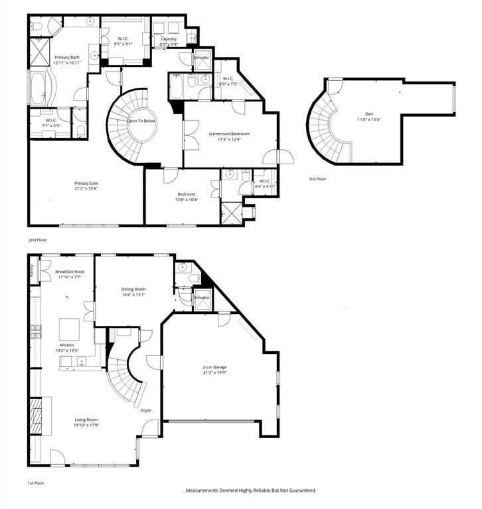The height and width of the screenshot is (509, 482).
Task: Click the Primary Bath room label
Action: (x=67, y=58)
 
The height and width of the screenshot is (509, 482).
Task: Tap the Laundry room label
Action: (x=169, y=39)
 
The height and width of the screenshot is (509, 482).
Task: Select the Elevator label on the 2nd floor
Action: (x=201, y=58)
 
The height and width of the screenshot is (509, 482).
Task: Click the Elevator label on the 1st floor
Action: (x=201, y=298)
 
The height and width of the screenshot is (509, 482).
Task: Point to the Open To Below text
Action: (x=141, y=121)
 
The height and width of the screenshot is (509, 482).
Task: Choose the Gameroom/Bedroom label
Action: (x=229, y=133)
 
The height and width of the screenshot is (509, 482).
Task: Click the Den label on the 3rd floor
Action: (x=360, y=113)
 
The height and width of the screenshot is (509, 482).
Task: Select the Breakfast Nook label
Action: (x=70, y=272)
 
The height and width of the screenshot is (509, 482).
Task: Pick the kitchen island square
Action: (x=70, y=329)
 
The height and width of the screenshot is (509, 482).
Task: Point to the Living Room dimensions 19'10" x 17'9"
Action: (x=86, y=425)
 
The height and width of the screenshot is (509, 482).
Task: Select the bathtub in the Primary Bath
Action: (x=36, y=89)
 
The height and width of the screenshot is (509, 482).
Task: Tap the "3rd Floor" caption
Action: (x=318, y=179)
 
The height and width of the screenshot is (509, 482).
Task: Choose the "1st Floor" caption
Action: (x=37, y=484)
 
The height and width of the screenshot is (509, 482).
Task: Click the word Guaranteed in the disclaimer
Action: (x=299, y=490)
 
